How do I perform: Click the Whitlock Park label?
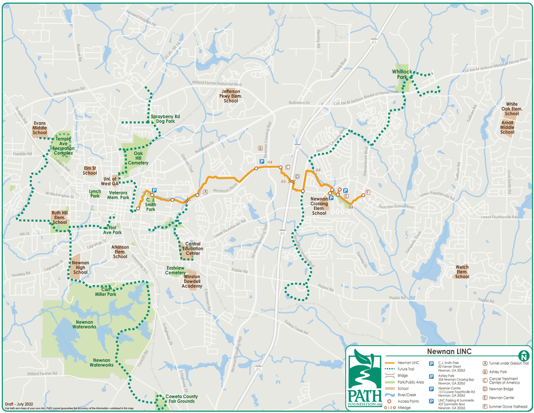(x=402, y=74)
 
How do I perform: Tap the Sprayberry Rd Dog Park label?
(x=165, y=119)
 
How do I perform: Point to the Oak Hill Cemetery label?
(x=137, y=159)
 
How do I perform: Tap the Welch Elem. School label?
(x=462, y=273)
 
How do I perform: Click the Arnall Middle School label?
(x=507, y=127)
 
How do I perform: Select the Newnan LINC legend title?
(x=441, y=352)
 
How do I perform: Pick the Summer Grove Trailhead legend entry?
(x=504, y=406)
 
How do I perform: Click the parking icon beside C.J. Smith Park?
(x=154, y=190)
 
